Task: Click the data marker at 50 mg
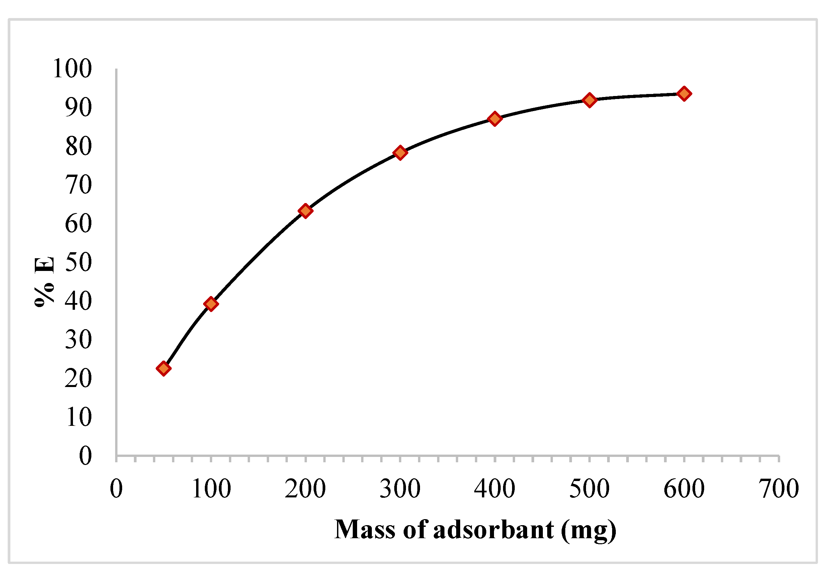pos(163,368)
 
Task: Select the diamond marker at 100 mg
pos(211,304)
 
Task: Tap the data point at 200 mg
pos(305,211)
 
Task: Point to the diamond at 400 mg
pos(495,118)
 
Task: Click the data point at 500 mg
pos(589,100)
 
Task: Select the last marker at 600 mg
pos(684,94)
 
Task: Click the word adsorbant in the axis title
pos(494,530)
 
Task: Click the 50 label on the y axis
pos(78,262)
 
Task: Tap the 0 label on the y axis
pos(85,456)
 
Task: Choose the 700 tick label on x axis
pos(778,489)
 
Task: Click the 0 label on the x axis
pos(116,489)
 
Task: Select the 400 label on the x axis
pos(495,489)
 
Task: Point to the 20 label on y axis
pos(78,378)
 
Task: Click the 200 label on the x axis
pos(305,489)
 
